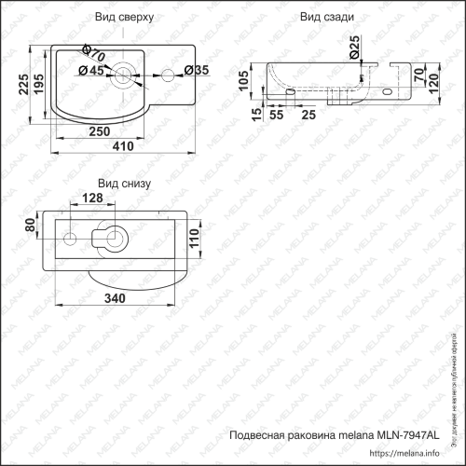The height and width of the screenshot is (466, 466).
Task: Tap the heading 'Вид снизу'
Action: (x=123, y=185)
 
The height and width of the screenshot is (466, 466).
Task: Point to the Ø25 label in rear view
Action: (x=354, y=44)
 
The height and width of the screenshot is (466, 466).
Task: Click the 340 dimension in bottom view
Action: (x=116, y=298)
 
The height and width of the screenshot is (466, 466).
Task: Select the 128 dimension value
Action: (x=91, y=199)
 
